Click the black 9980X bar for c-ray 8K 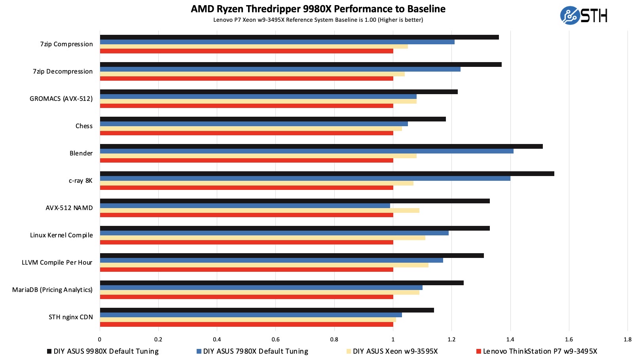pyautogui.click(x=327, y=174)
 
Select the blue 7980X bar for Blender pyautogui.click(x=307, y=151)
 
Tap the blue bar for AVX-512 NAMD pyautogui.click(x=245, y=206)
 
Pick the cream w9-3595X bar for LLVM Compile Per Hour pyautogui.click(x=264, y=265)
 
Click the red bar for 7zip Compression pyautogui.click(x=246, y=51)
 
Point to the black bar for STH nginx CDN pyautogui.click(x=267, y=310)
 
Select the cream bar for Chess pyautogui.click(x=251, y=129)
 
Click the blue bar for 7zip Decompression pyautogui.click(x=280, y=69)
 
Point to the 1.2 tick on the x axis pyautogui.click(x=451, y=339)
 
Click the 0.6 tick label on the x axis pyautogui.click(x=275, y=339)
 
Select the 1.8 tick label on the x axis pyautogui.click(x=628, y=339)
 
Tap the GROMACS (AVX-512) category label pyautogui.click(x=61, y=99)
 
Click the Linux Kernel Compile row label pyautogui.click(x=61, y=235)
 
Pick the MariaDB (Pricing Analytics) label pyautogui.click(x=52, y=290)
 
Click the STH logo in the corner pyautogui.click(x=584, y=16)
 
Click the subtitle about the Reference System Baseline pyautogui.click(x=318, y=20)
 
